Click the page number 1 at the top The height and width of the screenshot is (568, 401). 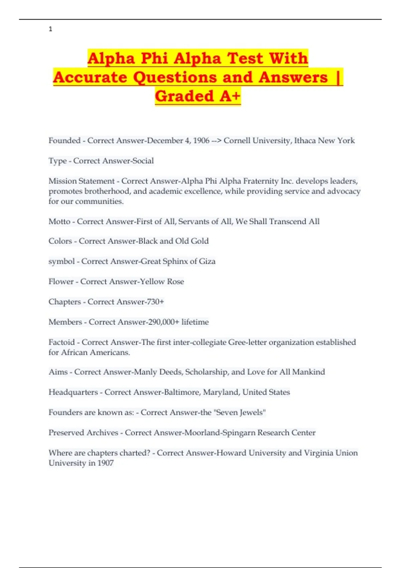pos(50,29)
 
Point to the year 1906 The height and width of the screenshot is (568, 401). pos(201,141)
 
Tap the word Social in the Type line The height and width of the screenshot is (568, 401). pos(143,161)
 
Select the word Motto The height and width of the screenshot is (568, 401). pos(59,222)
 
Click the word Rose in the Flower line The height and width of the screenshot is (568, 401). pos(175,282)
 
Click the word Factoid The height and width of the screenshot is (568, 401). pos(61,342)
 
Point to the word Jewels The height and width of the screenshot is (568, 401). pos(252,413)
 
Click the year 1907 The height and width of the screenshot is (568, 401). pos(106,463)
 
